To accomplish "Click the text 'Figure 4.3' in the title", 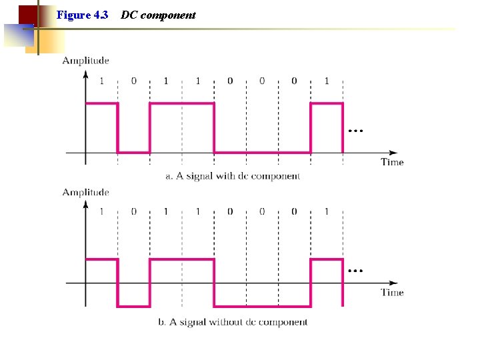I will [83, 15].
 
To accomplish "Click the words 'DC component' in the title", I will [158, 15].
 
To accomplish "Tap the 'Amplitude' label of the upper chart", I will [85, 61].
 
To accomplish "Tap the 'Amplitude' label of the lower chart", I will [85, 192].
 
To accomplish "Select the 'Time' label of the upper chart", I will [392, 162].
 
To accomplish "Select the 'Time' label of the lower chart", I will [392, 292].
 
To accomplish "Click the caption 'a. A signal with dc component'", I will [233, 177].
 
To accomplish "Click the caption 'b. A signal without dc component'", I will [233, 322].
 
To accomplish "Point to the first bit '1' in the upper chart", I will [101, 81].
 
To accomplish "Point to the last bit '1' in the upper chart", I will [327, 81].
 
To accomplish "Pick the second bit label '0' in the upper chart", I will [133, 81].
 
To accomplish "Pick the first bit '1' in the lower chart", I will [101, 212].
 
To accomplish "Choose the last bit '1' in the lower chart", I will [327, 212].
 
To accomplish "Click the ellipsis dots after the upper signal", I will [355, 131].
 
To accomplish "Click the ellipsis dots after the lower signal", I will [355, 271].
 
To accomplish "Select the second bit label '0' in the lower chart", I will [133, 212].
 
